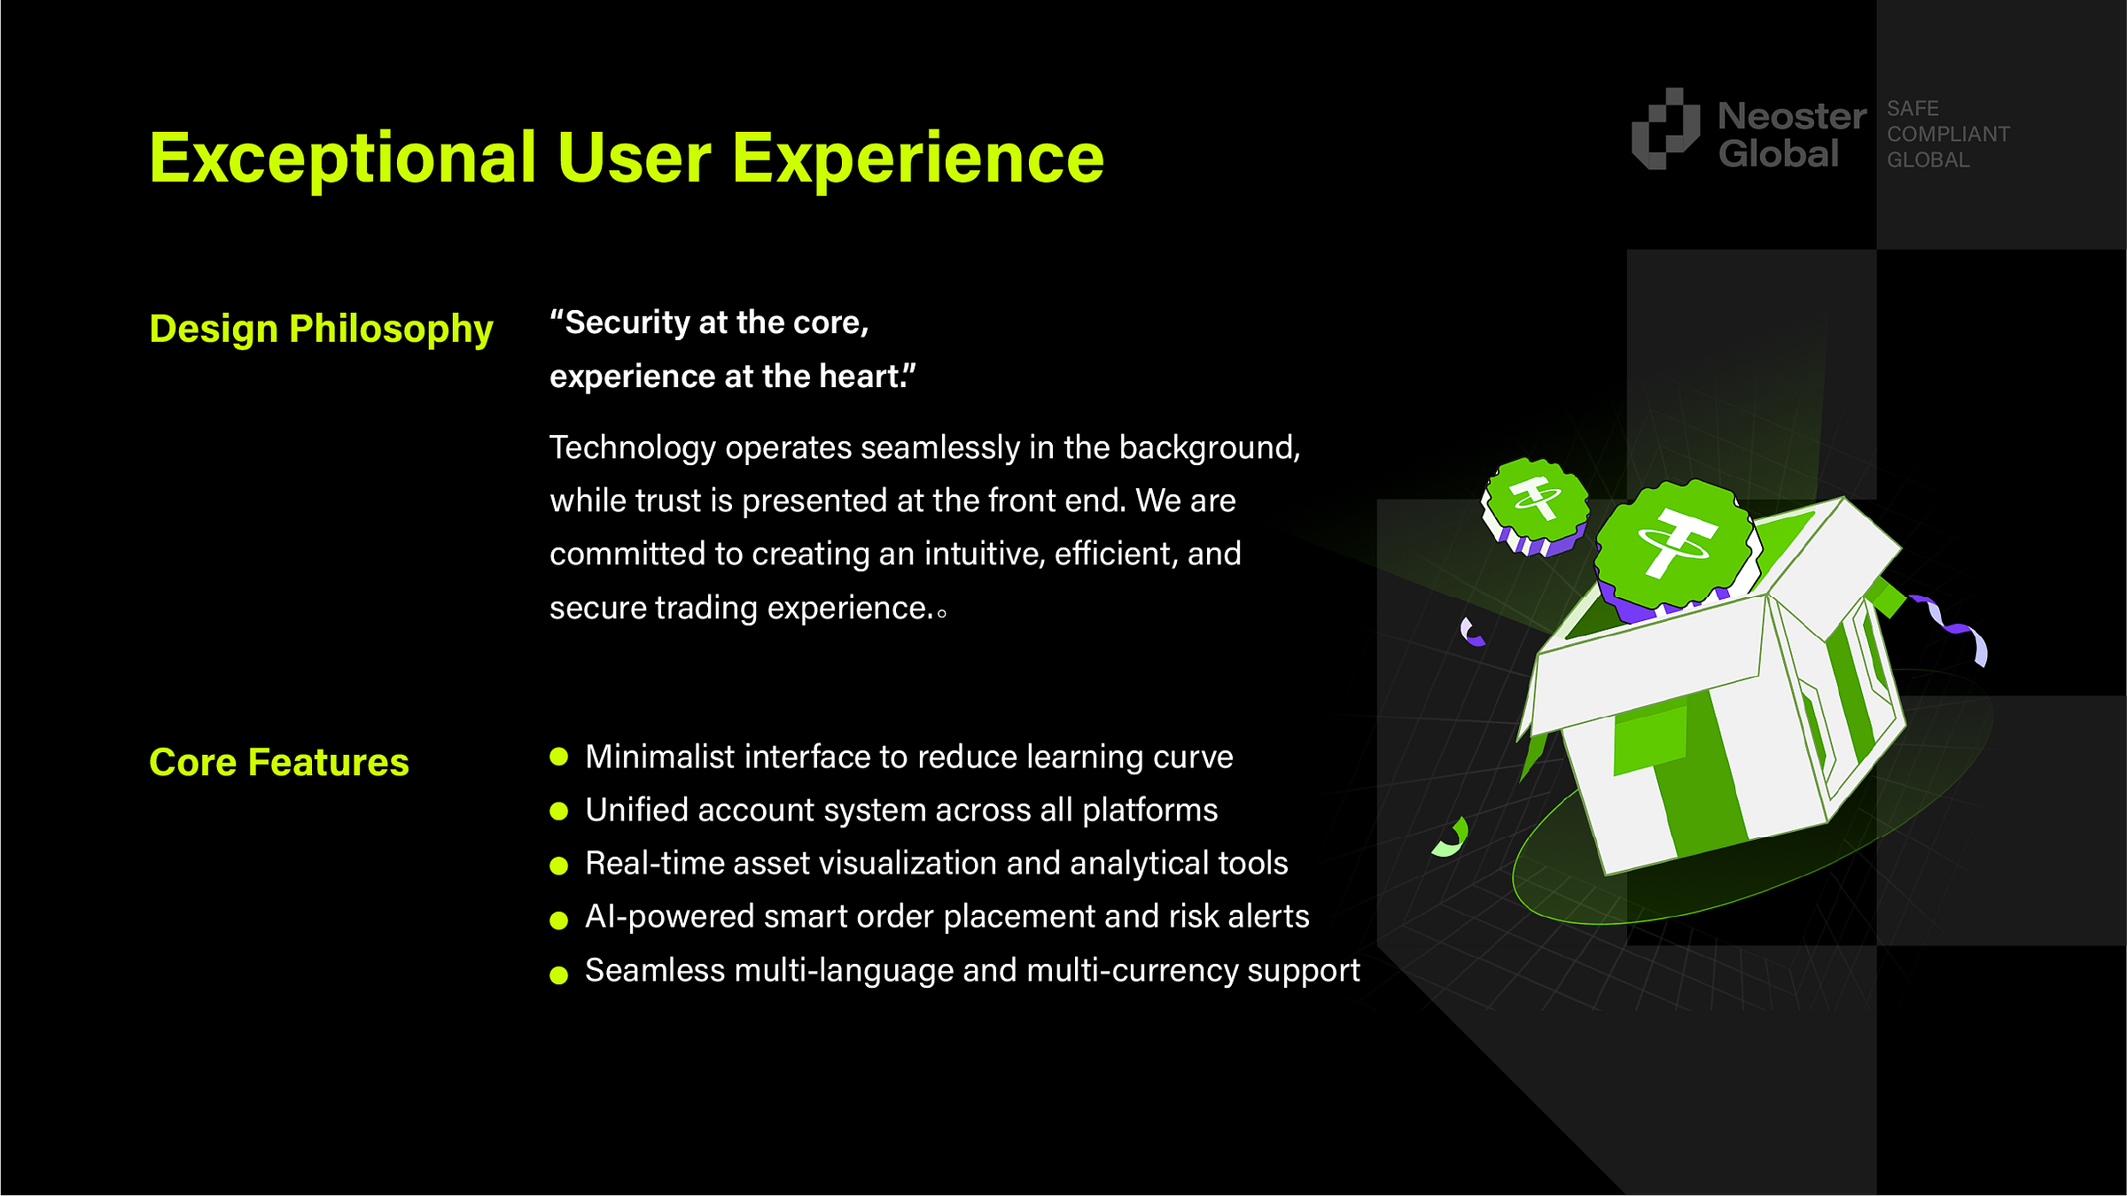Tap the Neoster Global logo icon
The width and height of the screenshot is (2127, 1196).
tap(1665, 128)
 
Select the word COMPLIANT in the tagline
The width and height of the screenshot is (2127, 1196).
tap(1948, 134)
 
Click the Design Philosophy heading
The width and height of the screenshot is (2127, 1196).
tap(321, 330)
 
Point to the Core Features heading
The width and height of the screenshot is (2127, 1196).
tap(279, 763)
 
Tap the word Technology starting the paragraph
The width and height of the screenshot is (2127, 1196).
tap(633, 448)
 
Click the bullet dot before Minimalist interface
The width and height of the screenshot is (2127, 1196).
tap(558, 757)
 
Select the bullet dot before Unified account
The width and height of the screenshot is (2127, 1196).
tap(558, 811)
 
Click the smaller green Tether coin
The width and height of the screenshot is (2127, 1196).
tap(1536, 506)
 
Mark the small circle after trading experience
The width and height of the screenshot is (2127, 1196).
tap(941, 612)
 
